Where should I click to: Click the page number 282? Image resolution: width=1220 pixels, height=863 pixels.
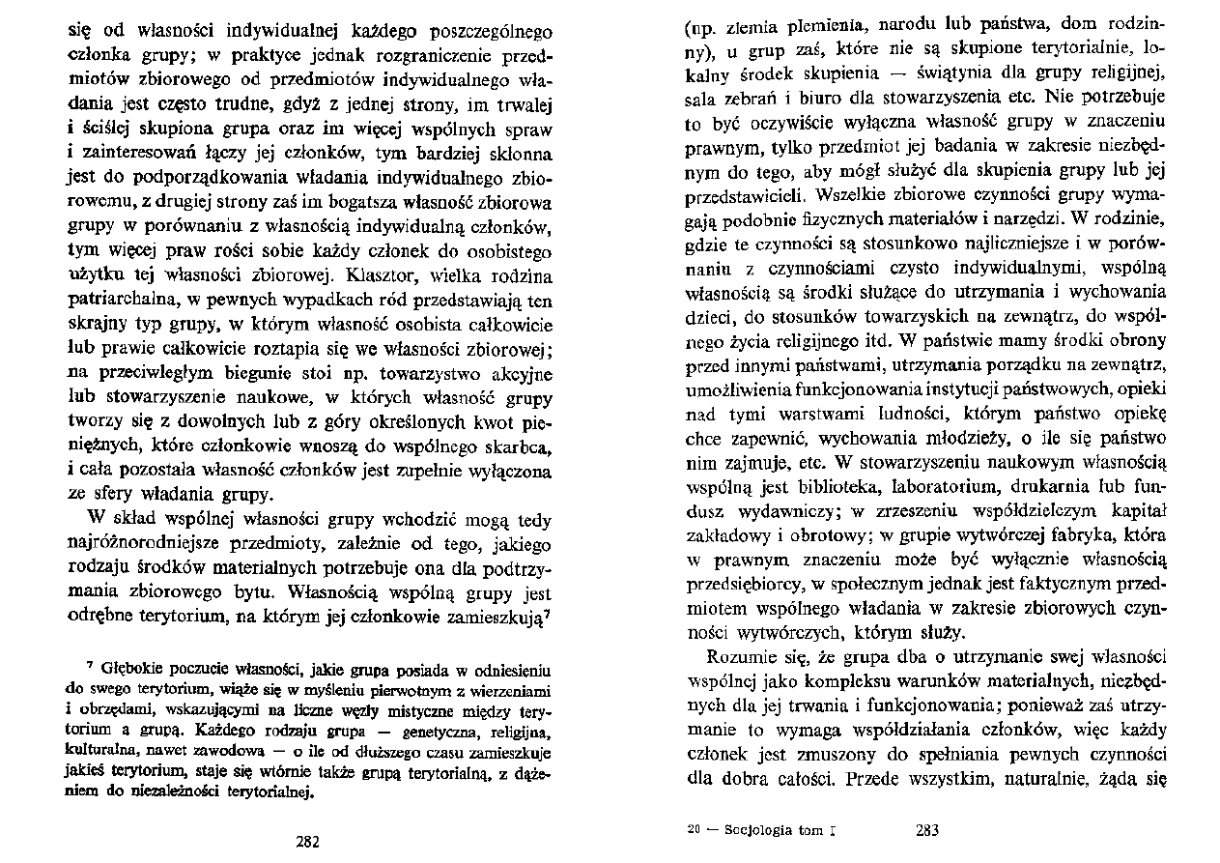[x=307, y=841]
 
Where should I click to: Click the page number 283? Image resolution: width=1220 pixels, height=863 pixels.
[x=925, y=830]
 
